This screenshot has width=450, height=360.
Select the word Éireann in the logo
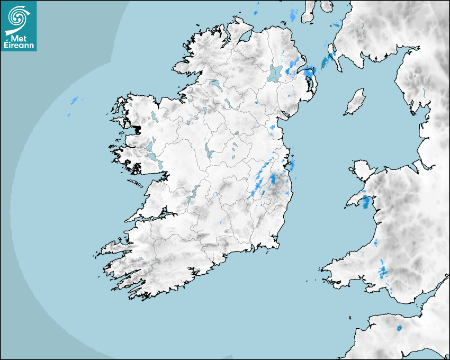point(19,46)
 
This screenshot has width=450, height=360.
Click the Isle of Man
point(355,102)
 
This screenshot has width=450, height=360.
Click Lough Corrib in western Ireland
point(150,147)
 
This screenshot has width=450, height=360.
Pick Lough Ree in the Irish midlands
point(208,151)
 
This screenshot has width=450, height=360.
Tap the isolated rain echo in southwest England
point(399,328)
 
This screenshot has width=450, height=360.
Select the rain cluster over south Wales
point(383,272)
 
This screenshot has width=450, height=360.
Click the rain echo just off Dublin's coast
point(292,165)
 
